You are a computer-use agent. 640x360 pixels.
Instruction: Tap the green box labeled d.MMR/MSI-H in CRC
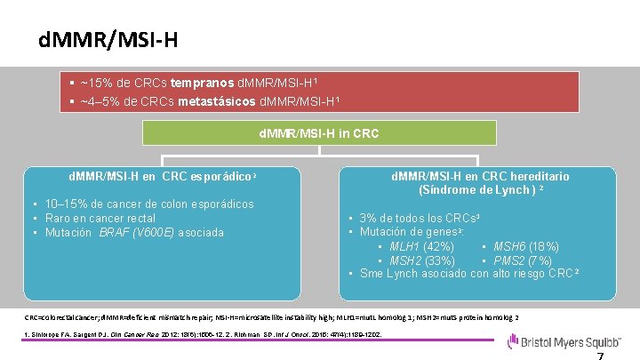click(317, 134)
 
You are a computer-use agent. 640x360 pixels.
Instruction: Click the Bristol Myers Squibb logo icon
click(514, 341)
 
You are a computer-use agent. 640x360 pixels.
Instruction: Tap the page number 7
click(600, 354)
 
